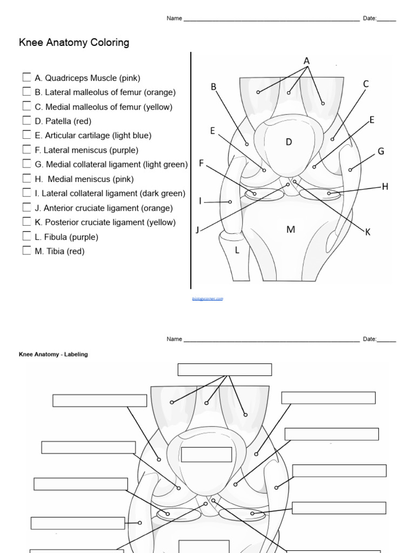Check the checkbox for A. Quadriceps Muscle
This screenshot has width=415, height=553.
tap(26, 77)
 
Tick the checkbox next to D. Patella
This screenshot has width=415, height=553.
tap(26, 120)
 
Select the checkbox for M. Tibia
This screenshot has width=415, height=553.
tap(26, 251)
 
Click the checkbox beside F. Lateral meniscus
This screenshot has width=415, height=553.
tap(26, 150)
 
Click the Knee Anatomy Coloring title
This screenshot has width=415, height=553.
tap(74, 43)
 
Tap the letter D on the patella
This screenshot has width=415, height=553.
tap(289, 142)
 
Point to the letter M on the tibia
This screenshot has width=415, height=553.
tap(291, 230)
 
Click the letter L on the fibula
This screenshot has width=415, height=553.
tap(236, 250)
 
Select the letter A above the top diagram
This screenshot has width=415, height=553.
tap(306, 61)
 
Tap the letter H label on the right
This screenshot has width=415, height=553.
tap(385, 187)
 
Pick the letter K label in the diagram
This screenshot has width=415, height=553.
tap(367, 232)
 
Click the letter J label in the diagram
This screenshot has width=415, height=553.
tap(198, 230)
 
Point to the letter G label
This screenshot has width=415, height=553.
tap(380, 151)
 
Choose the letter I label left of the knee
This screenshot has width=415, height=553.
tap(200, 201)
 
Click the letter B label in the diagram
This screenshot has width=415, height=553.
tap(213, 86)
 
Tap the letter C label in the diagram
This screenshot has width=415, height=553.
tap(366, 84)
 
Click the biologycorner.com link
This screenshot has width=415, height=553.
tap(207, 298)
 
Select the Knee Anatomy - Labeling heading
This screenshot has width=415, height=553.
tap(53, 354)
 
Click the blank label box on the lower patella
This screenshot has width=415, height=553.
tap(199, 455)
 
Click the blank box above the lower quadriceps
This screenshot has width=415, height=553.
tap(225, 369)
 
